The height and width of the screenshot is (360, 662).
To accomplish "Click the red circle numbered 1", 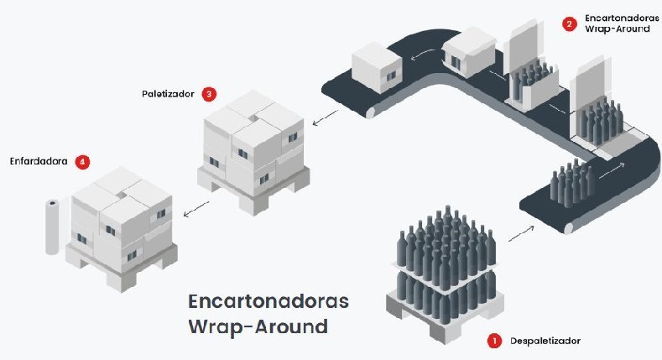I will point(493,341).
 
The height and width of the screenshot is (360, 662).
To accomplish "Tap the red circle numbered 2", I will point(570,24).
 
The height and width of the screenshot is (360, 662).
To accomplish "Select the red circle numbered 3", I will point(209,94).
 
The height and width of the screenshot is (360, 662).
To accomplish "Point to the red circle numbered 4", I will point(82,161).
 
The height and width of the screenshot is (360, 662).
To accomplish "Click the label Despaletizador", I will point(545,341).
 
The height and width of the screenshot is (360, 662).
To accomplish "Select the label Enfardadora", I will point(39,160).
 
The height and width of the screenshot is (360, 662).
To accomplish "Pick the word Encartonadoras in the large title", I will point(268,300).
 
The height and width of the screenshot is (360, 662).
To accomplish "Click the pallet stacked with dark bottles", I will point(445,260).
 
